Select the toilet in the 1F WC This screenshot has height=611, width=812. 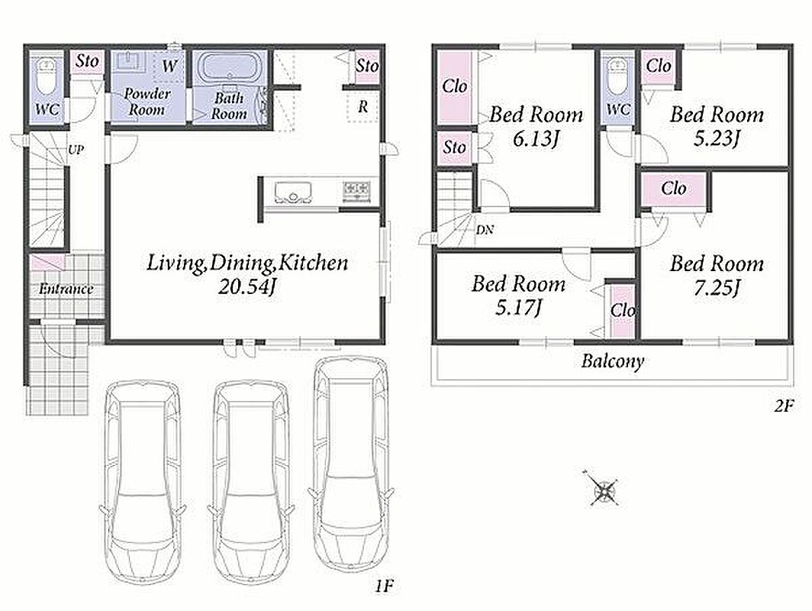(47, 78)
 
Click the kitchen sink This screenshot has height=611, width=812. (294, 192)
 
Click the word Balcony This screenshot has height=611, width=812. (613, 360)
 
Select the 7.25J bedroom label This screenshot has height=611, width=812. (717, 288)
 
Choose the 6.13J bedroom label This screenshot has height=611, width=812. (536, 138)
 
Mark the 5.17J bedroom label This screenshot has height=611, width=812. (518, 308)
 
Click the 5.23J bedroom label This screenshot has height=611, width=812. (717, 138)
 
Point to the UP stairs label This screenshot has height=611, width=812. (76, 150)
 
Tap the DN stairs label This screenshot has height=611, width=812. (485, 229)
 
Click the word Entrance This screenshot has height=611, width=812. (66, 289)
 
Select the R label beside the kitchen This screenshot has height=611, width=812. (363, 107)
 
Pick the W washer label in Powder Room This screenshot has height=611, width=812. (169, 66)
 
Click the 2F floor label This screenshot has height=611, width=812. (784, 406)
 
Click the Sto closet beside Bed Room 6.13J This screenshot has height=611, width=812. (454, 147)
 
